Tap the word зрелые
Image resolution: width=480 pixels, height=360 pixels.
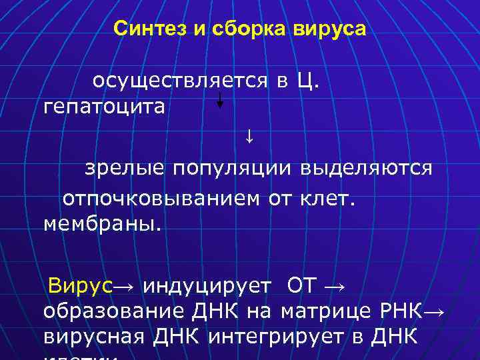pyautogui.click(x=123, y=169)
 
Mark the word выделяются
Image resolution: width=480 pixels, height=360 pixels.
pyautogui.click(x=365, y=169)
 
